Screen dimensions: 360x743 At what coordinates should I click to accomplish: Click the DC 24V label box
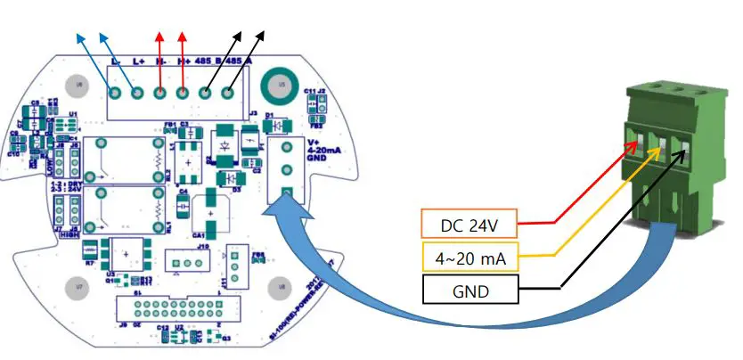(469, 223)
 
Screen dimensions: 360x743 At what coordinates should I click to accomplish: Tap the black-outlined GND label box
(469, 291)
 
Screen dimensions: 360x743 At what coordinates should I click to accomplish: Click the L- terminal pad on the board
(113, 92)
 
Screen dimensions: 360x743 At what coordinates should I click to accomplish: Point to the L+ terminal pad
(136, 92)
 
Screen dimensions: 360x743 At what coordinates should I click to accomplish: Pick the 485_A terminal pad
(229, 92)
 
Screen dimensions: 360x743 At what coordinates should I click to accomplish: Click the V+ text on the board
(313, 142)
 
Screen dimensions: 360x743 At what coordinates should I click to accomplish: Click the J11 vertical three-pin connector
(235, 265)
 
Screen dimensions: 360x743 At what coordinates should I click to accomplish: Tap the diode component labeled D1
(276, 125)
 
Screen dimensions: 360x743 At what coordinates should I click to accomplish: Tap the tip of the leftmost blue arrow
(78, 36)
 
